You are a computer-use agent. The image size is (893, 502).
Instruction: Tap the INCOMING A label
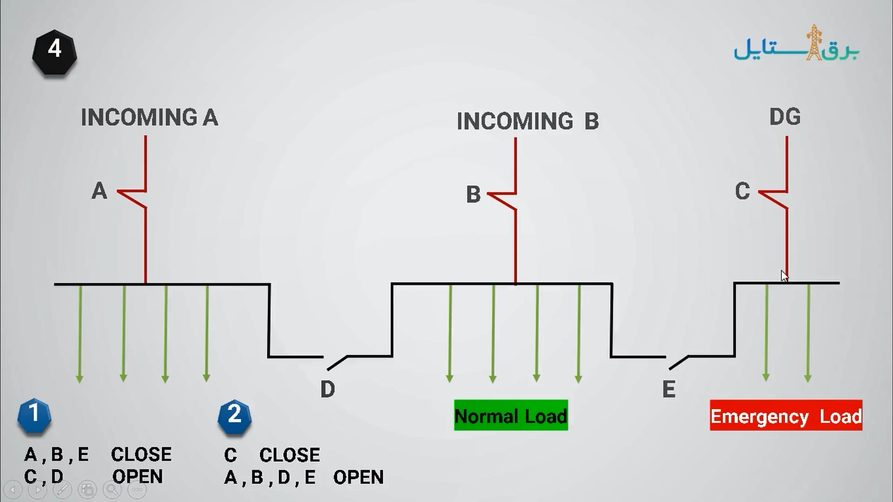pyautogui.click(x=149, y=117)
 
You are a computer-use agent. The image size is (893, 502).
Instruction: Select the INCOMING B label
pyautogui.click(x=528, y=121)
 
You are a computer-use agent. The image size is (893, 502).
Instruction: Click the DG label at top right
pyautogui.click(x=785, y=117)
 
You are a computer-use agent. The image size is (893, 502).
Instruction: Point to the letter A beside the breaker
pyautogui.click(x=99, y=191)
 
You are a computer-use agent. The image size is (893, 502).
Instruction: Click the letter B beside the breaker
pyautogui.click(x=473, y=194)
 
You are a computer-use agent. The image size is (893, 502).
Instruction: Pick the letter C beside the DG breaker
pyautogui.click(x=743, y=191)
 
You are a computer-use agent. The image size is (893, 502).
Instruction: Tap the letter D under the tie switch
pyautogui.click(x=327, y=389)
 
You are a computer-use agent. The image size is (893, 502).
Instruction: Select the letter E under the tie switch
pyautogui.click(x=669, y=389)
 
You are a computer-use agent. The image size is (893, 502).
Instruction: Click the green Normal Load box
pyautogui.click(x=511, y=415)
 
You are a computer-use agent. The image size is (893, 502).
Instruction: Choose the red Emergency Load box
pyautogui.click(x=786, y=415)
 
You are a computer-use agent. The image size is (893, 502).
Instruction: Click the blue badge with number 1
pyautogui.click(x=34, y=415)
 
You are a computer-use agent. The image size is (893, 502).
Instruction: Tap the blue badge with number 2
pyautogui.click(x=234, y=416)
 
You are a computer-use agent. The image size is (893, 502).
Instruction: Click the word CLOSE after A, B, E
pyautogui.click(x=141, y=454)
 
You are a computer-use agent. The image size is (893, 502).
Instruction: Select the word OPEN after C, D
pyautogui.click(x=138, y=476)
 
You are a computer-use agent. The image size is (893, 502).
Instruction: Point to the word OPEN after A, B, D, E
pyautogui.click(x=359, y=477)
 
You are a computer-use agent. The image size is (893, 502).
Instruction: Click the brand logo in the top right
pyautogui.click(x=797, y=43)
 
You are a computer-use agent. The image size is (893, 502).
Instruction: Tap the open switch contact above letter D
pyautogui.click(x=337, y=363)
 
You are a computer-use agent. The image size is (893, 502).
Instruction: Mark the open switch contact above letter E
pyautogui.click(x=679, y=363)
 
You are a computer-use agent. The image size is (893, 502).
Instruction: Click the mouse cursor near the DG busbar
pyautogui.click(x=785, y=276)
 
